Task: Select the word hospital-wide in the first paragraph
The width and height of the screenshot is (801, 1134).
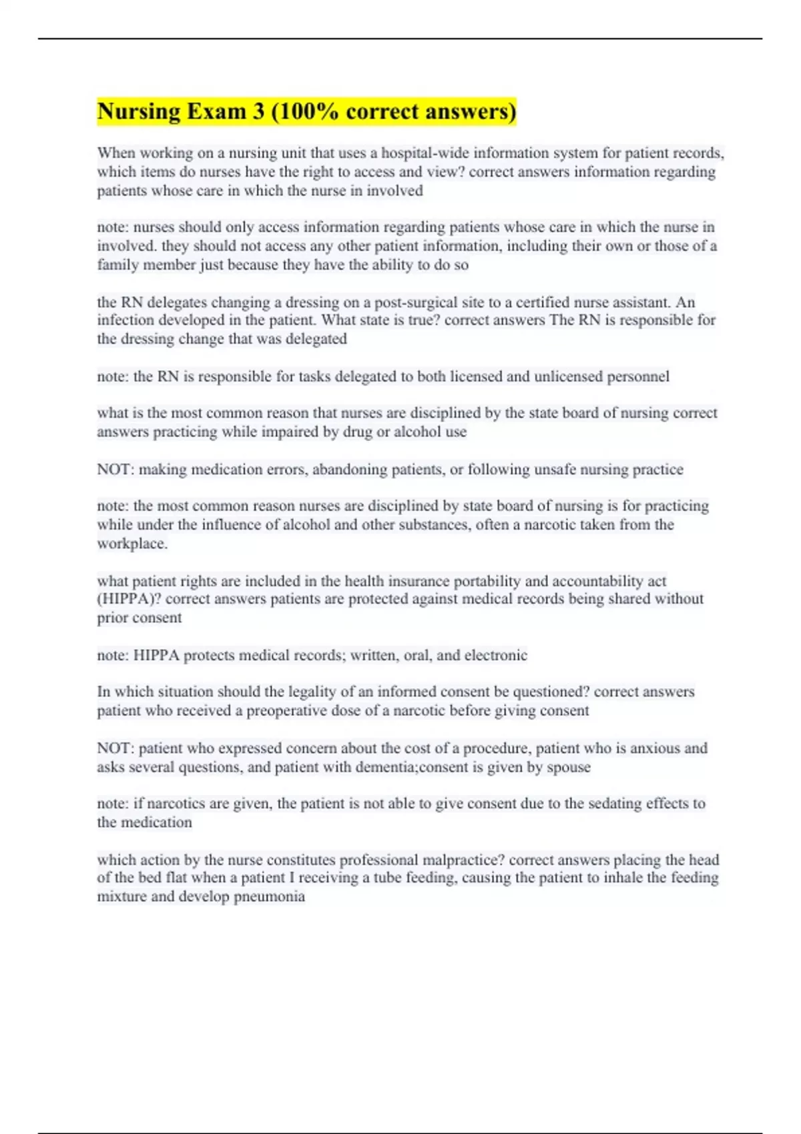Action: [425, 153]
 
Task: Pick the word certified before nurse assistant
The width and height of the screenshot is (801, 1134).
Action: [544, 303]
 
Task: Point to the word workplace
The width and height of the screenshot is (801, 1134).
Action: [131, 544]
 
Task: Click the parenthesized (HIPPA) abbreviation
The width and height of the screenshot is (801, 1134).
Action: [129, 599]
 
